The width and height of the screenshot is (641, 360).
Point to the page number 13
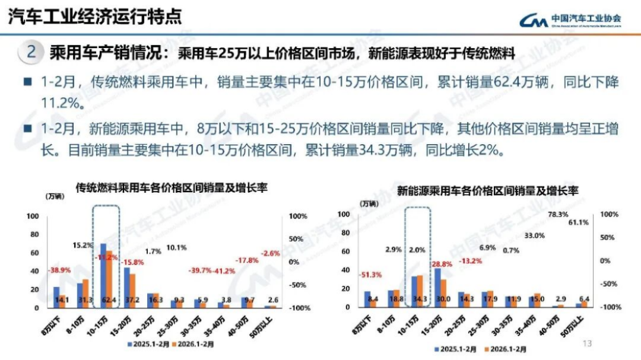[588, 343]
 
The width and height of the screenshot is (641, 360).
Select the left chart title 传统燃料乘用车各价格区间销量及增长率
[172, 188]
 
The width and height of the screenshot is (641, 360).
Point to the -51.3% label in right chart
[370, 275]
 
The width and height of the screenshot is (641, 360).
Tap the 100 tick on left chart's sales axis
[33, 216]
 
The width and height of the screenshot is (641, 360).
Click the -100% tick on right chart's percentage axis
[611, 307]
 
